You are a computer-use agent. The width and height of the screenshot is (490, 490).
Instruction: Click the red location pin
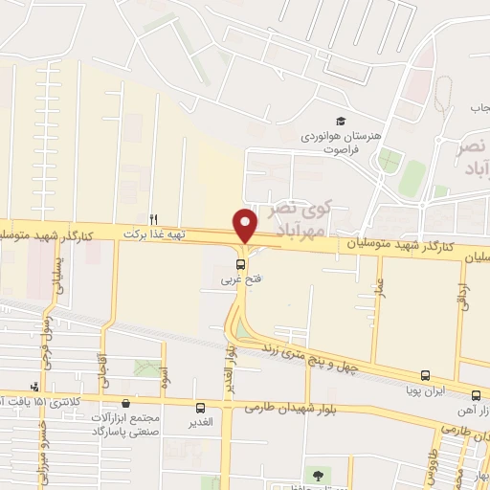[x=246, y=224]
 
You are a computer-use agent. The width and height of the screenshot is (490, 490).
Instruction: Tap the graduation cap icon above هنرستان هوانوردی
[x=340, y=121]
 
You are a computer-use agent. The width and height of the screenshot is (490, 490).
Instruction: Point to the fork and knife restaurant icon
[x=153, y=219]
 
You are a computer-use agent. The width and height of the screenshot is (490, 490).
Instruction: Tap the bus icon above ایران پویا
[x=425, y=376]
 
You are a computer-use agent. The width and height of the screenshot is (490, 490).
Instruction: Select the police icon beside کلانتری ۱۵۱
[x=35, y=387]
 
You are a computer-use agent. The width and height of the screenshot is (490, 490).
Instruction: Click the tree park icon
[x=317, y=473]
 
